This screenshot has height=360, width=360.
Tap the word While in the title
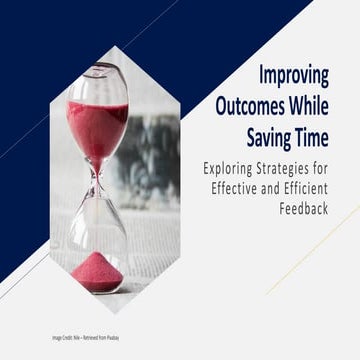[x=325, y=103]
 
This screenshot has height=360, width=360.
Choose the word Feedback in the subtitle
[x=326, y=211]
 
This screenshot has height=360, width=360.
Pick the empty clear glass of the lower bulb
[x=97, y=225]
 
